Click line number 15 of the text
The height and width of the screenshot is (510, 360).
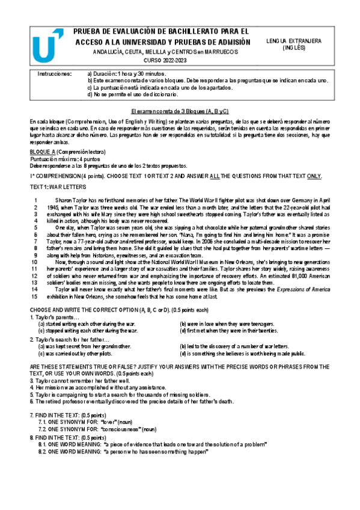tap(34, 280)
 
